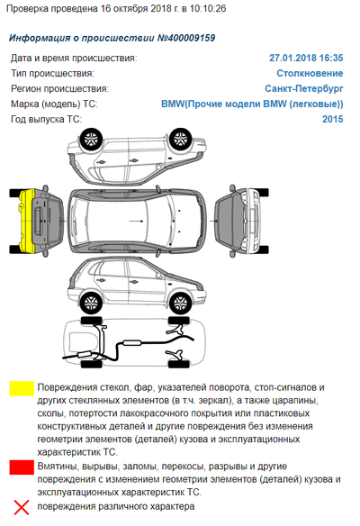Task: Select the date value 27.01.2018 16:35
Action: pyautogui.click(x=306, y=58)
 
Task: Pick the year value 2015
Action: pyautogui.click(x=332, y=119)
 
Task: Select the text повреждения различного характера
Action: pyautogui.click(x=113, y=509)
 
